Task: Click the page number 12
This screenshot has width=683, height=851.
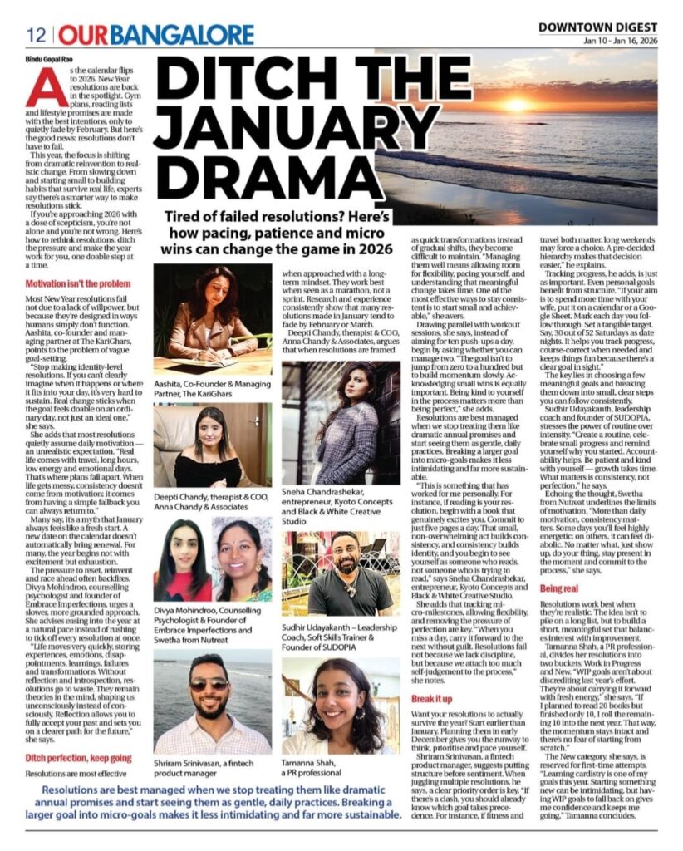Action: click(x=36, y=35)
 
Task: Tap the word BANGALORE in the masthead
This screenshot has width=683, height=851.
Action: click(x=183, y=35)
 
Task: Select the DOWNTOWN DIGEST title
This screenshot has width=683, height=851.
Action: click(x=597, y=27)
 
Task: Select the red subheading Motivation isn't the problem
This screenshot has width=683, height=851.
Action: click(x=77, y=284)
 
